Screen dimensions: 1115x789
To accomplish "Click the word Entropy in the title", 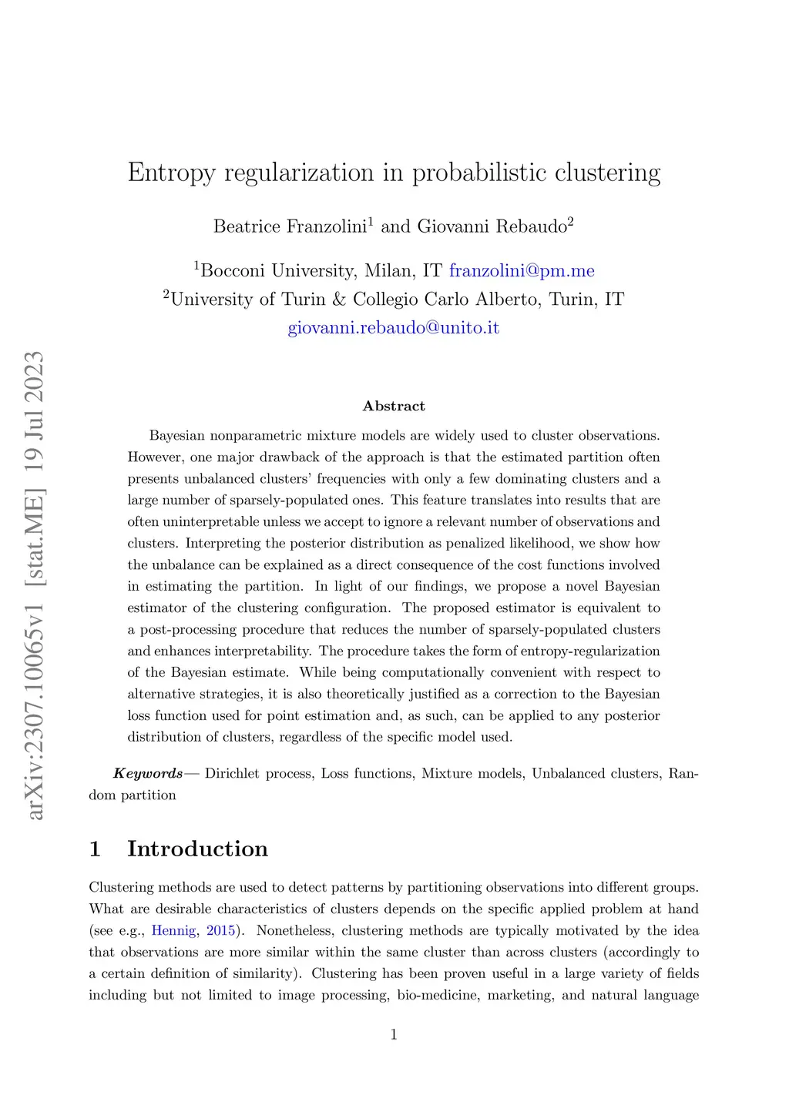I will [x=172, y=173].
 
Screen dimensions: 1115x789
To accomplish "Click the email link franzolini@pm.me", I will [x=522, y=271].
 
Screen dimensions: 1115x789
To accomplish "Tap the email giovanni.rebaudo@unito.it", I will [x=394, y=328].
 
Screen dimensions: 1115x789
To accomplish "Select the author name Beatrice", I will [x=247, y=226].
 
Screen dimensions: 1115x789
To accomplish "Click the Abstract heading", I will [x=394, y=407].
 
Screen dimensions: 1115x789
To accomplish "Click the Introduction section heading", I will [x=197, y=849].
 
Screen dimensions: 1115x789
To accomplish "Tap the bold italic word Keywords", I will [x=148, y=774].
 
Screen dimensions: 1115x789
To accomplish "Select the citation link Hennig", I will [x=173, y=931].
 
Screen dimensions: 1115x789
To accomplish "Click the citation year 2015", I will [x=220, y=931].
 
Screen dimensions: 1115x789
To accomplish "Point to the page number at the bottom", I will [x=394, y=1035].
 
